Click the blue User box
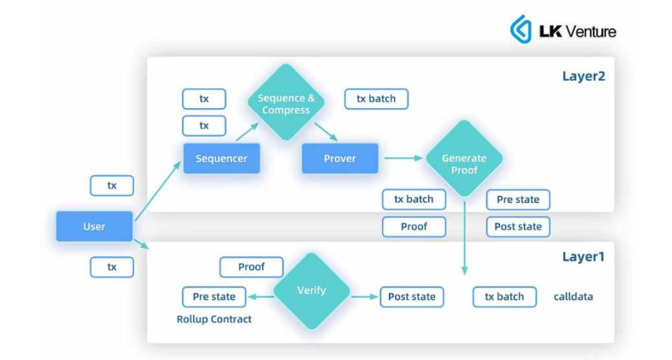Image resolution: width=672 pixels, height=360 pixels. [94, 226]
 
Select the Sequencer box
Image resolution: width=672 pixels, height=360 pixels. [221, 158]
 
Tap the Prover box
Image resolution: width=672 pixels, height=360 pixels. [339, 158]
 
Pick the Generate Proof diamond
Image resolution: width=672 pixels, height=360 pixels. [464, 158]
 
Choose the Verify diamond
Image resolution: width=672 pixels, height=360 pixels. [312, 291]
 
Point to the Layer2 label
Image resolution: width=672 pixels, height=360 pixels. [583, 77]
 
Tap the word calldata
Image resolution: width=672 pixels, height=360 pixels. [574, 297]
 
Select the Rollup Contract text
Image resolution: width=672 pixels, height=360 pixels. [214, 319]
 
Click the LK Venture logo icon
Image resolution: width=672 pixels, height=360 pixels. [521, 30]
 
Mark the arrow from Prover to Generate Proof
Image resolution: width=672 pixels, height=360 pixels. [402, 158]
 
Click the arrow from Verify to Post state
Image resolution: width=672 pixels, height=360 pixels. [364, 297]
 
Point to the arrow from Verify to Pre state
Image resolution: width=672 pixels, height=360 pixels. [260, 297]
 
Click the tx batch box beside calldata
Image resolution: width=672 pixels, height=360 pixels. [505, 297]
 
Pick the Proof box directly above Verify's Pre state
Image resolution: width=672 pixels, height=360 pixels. [251, 267]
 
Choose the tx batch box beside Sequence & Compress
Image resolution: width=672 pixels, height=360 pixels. [376, 99]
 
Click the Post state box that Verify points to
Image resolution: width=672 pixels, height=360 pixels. [412, 297]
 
